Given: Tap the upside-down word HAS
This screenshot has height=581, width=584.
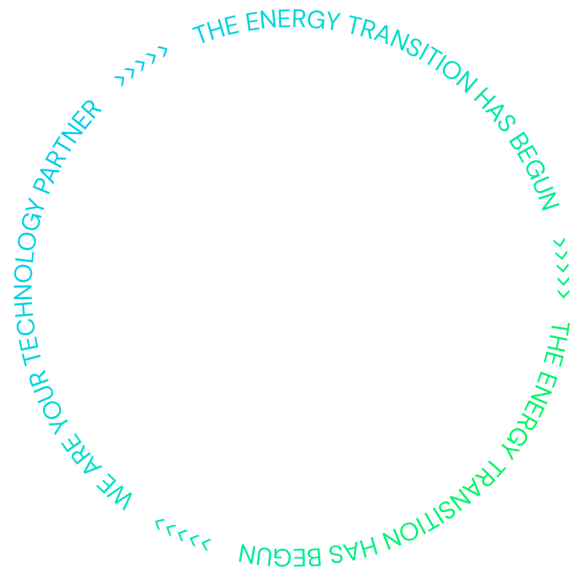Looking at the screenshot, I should [x=352, y=548].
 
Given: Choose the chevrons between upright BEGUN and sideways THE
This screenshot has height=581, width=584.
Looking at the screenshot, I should [x=562, y=268].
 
